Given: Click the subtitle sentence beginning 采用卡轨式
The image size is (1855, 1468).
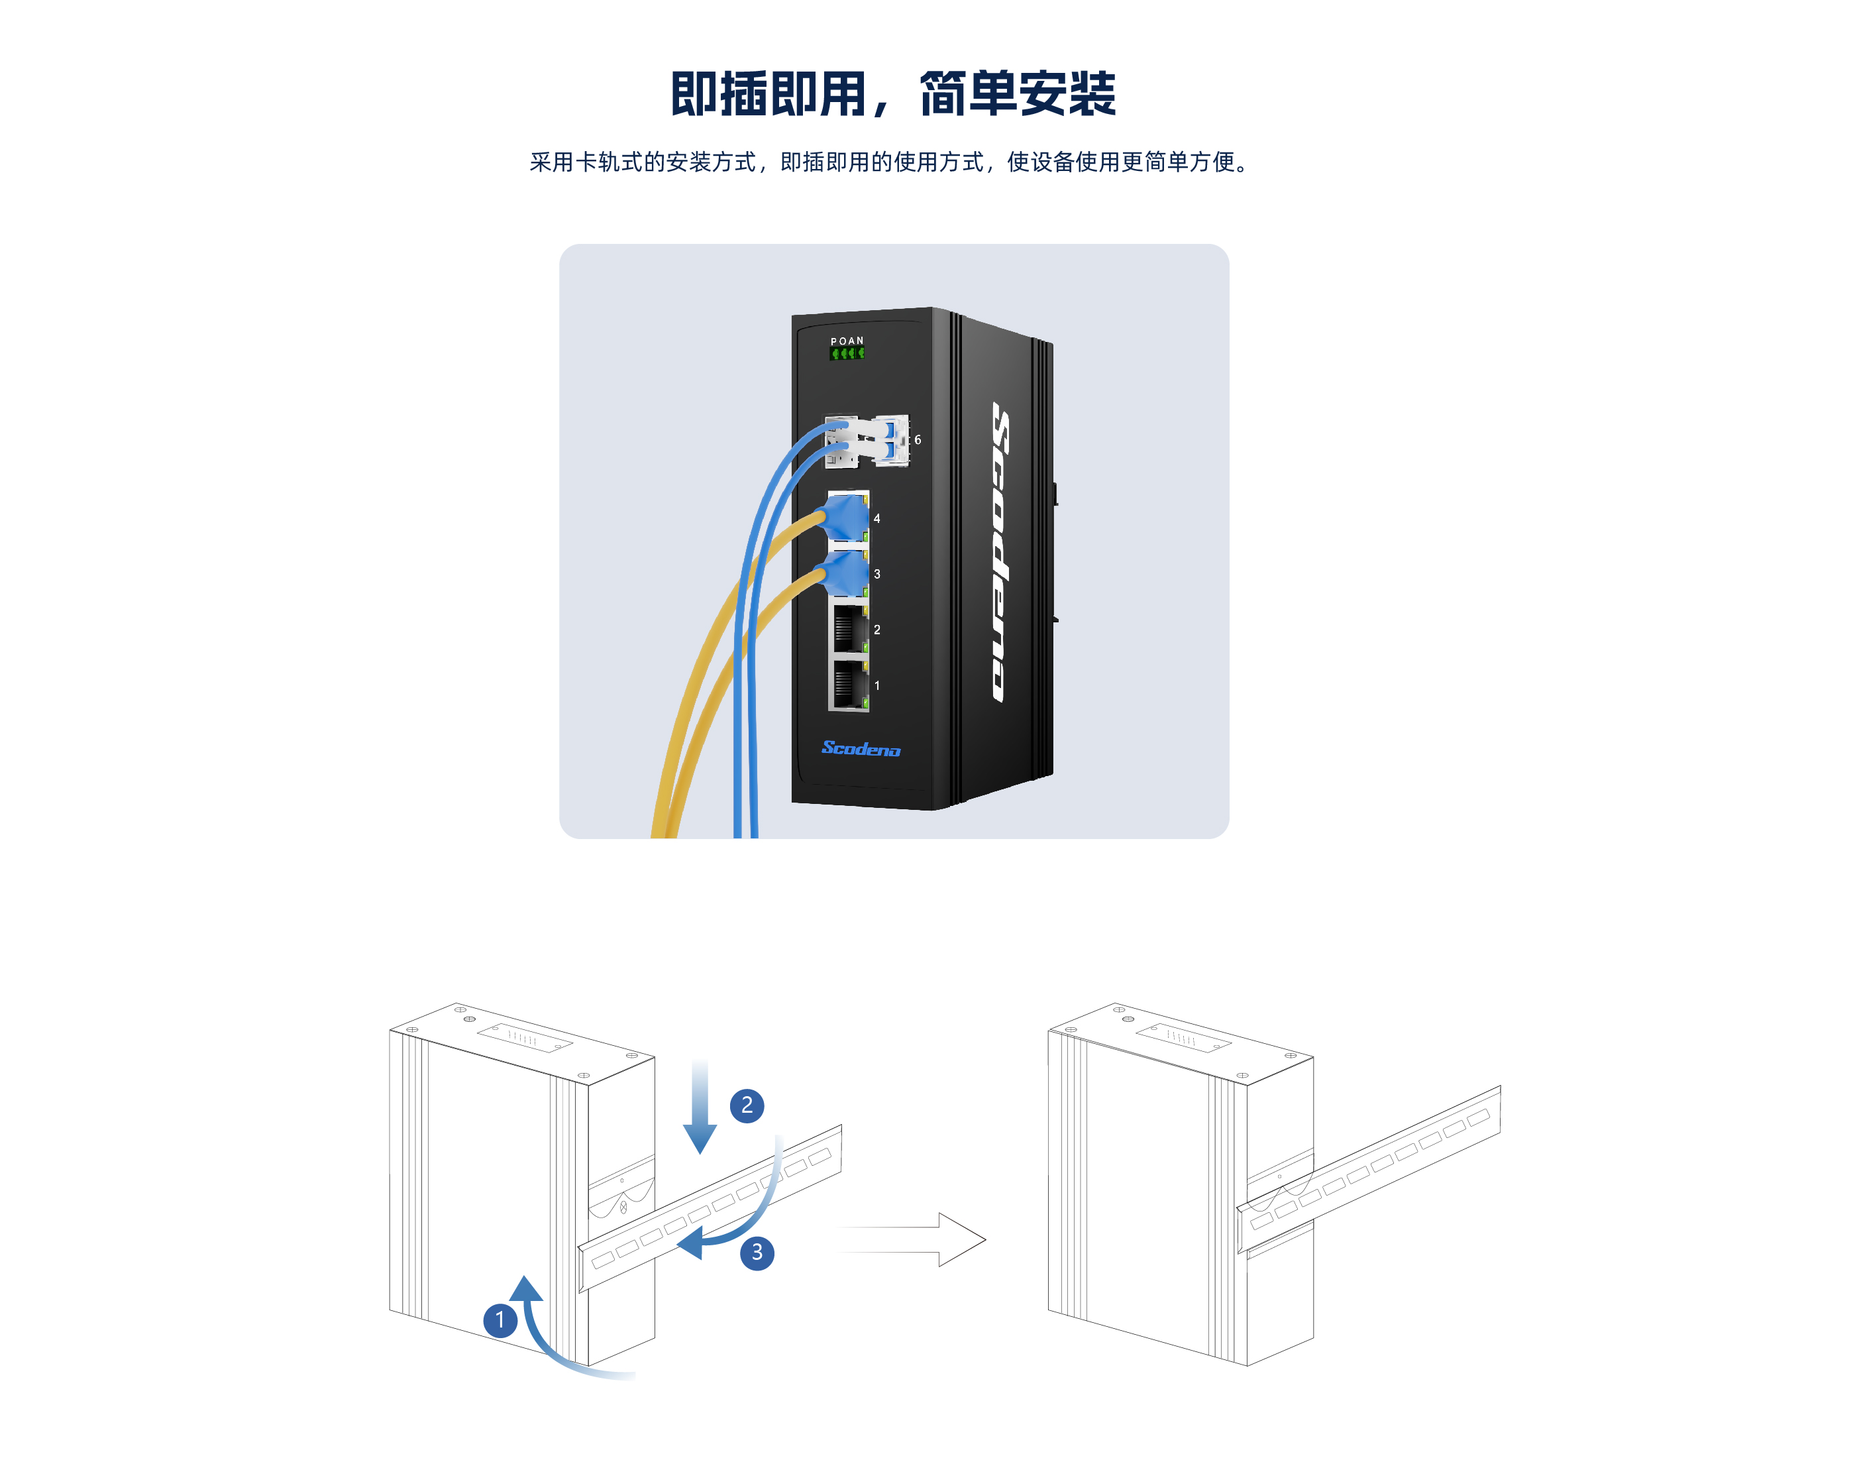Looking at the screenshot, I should (x=889, y=162).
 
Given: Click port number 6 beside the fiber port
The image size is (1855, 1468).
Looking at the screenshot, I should (x=917, y=440).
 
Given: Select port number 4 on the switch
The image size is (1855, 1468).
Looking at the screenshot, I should (x=876, y=518).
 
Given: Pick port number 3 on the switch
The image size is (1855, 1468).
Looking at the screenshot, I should (x=876, y=574).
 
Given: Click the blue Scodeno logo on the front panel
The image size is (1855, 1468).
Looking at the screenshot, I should (x=860, y=749).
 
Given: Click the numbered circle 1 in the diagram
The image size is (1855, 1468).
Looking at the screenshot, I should (x=500, y=1320).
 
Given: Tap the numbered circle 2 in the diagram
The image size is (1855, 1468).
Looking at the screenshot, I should (x=747, y=1105).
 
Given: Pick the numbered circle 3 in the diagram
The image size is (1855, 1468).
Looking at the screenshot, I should (x=757, y=1252).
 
